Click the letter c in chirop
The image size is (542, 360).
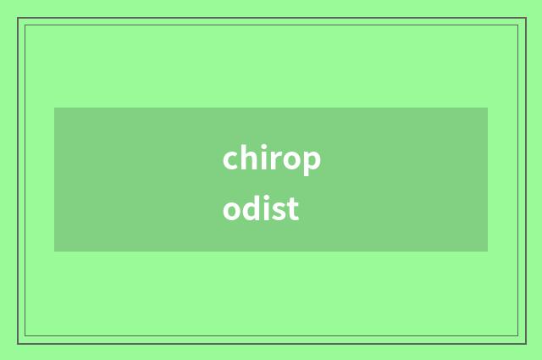point(231,159)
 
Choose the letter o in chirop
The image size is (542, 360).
point(292,160)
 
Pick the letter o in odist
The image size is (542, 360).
point(232,209)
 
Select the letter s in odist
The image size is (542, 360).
point(279,209)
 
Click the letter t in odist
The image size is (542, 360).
point(293,208)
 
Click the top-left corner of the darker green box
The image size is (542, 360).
point(54,108)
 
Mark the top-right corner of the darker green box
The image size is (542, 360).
point(488,108)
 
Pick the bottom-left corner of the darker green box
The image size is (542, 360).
point(54,252)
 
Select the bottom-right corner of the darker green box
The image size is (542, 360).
point(488,252)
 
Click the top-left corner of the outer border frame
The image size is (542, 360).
point(18,18)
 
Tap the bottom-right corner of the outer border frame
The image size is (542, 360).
point(525,343)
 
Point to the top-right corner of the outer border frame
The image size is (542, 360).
point(525,18)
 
